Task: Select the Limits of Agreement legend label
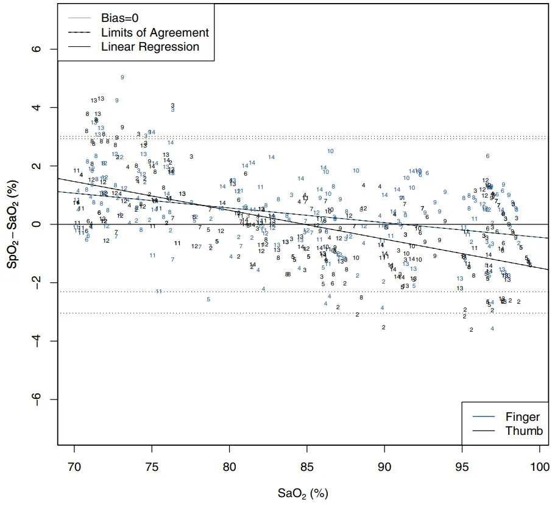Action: point(155,33)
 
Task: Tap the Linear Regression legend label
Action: point(150,47)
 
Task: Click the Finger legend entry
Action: point(522,417)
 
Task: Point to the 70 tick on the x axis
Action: point(74,466)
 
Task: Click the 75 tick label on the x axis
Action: point(152,466)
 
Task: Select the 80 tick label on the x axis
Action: point(229,466)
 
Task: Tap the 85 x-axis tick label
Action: point(307,466)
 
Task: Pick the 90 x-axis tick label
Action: point(384,466)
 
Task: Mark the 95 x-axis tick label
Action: point(462,466)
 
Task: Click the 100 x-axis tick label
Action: point(539,466)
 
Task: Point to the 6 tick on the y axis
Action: point(37,49)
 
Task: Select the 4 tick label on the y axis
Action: point(37,107)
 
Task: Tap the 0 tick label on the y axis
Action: point(37,224)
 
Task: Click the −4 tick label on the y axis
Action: point(37,340)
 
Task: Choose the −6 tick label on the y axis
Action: point(37,399)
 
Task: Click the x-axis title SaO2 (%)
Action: point(303,493)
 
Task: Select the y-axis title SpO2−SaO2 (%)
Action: point(13,224)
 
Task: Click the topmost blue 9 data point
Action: point(122,77)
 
